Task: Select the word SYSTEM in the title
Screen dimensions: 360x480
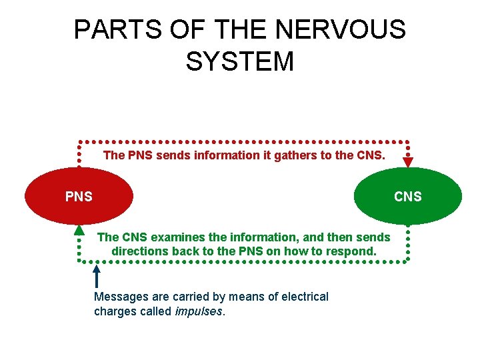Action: pos(239,62)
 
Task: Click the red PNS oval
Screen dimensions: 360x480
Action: pos(79,195)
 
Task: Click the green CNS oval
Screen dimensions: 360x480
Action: pos(407,195)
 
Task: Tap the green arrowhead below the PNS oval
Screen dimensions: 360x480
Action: pos(79,230)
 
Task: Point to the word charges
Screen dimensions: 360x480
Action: pos(115,311)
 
